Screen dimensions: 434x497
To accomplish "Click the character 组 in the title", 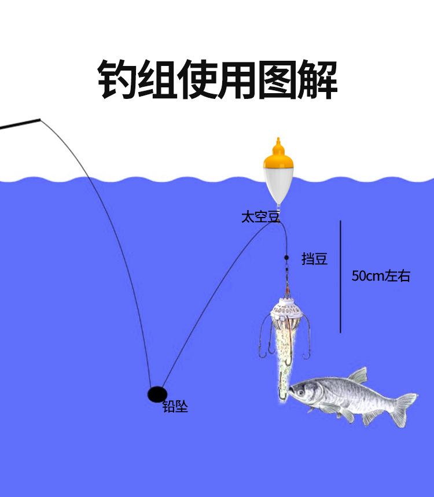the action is (x=156, y=79).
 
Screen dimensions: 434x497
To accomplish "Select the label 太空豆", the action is (x=260, y=218).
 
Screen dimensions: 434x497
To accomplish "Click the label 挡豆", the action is (x=314, y=259).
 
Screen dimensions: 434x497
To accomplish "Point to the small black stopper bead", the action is (x=286, y=257).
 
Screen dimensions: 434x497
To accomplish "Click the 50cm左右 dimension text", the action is (x=381, y=276).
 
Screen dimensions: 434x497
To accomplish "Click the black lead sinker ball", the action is (x=156, y=395).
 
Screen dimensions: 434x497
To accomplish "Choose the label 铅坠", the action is (x=175, y=407).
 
